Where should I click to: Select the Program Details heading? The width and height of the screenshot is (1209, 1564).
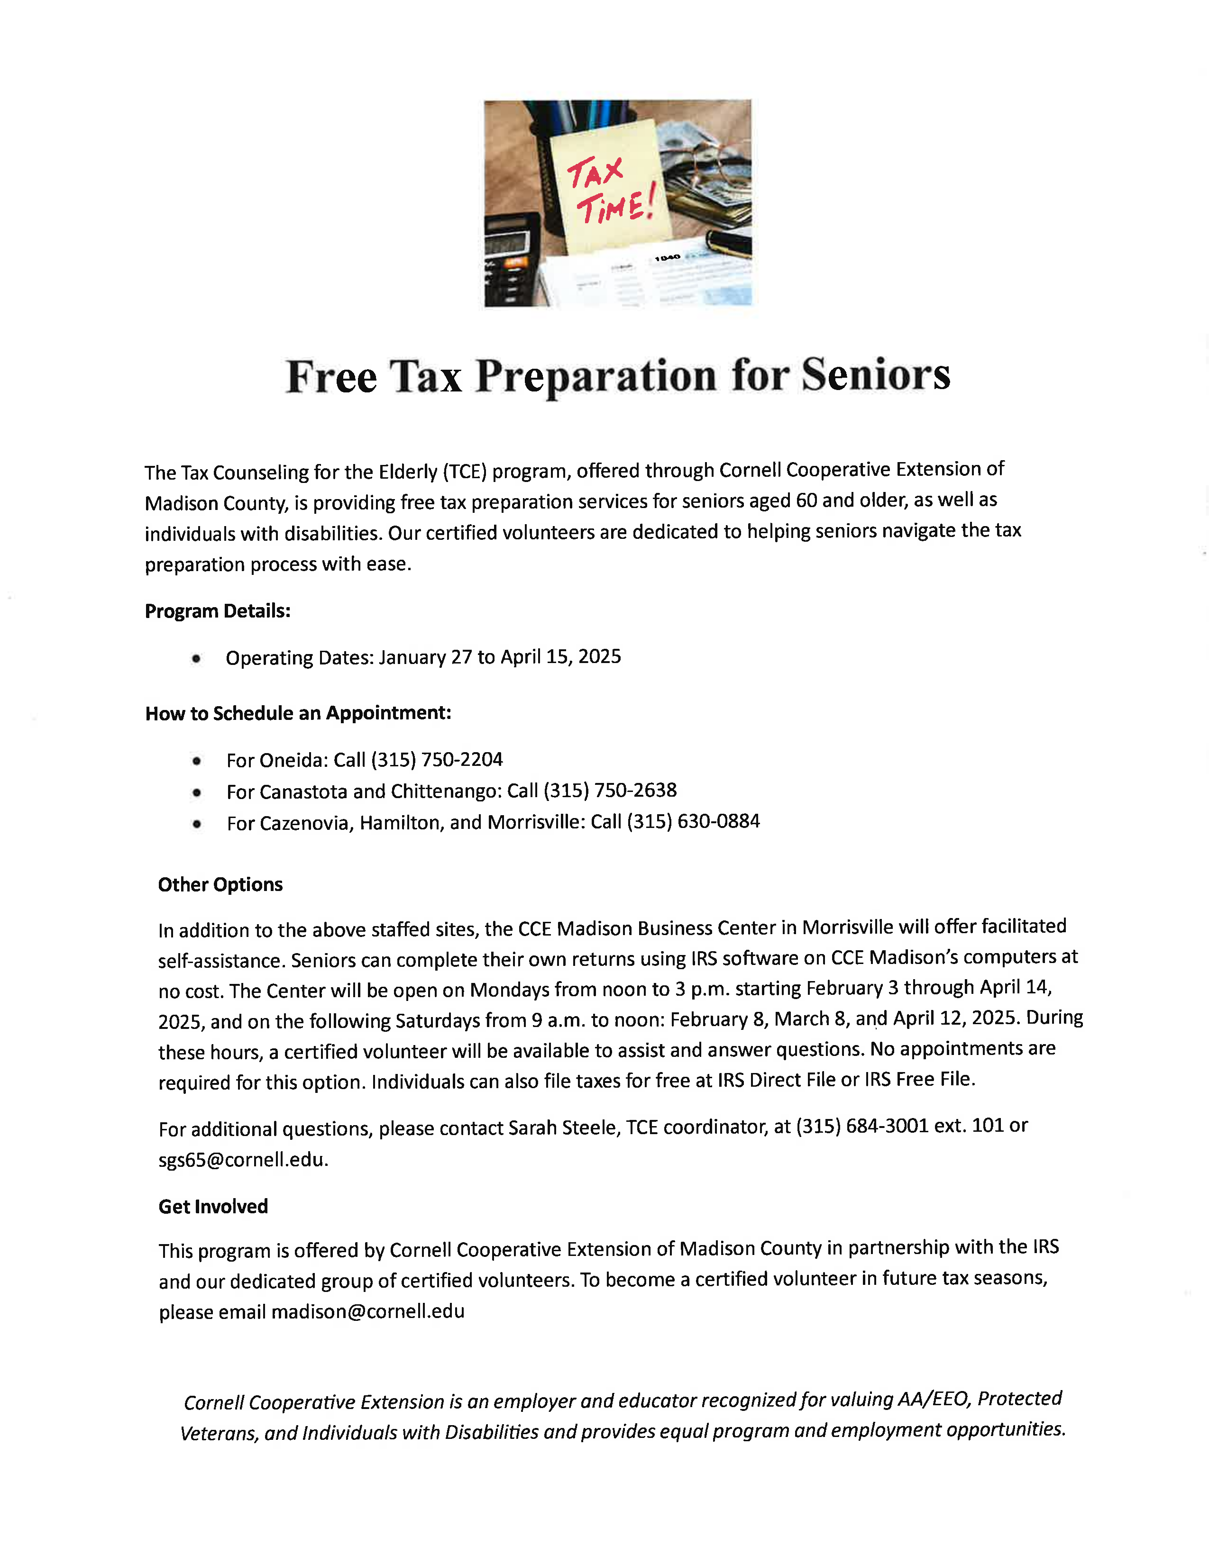[218, 611]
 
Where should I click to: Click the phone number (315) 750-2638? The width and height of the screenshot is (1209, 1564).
[610, 790]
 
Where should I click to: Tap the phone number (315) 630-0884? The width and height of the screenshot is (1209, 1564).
[693, 821]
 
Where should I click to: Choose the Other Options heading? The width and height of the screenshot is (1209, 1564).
[220, 884]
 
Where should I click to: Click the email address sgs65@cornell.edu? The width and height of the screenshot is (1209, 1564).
[242, 1159]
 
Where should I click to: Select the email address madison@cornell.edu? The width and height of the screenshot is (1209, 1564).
[368, 1311]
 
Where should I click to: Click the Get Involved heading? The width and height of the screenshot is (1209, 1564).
[213, 1207]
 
